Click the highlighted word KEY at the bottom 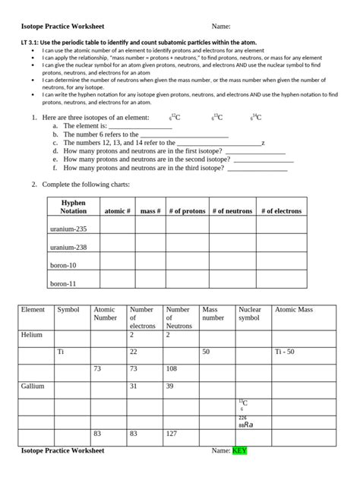pos(239,451)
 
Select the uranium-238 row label pos(68,247)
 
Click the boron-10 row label pos(63,265)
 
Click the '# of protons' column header pos(187,211)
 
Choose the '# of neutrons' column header pos(232,211)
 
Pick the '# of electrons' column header pos(280,211)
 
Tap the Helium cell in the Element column pos(32,334)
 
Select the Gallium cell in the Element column pos(33,387)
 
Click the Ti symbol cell pos(62,352)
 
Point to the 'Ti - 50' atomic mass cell pos(287,352)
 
